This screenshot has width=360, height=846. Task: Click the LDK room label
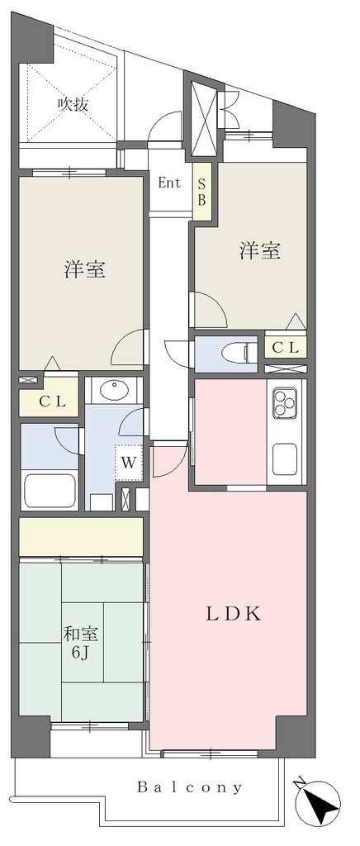pos(234,614)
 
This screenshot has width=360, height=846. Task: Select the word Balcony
pos(190,788)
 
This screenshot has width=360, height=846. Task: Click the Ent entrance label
pos(169,183)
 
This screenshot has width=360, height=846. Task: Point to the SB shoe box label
pos(201,192)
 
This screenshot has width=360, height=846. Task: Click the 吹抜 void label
pos(73,104)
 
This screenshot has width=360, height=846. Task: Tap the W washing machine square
pos(129,463)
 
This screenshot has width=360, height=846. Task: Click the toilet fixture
pos(239,354)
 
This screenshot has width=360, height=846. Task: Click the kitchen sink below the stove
pos(285,460)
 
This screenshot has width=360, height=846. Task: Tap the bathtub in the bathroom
pos(50,490)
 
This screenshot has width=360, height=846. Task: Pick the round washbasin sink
pos(113,390)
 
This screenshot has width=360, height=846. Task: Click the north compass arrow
pos(322,803)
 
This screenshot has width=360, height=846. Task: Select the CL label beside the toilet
pos(285,348)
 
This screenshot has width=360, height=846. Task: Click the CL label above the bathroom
pos(52,402)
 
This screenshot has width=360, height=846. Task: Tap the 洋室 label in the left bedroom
pos(84,269)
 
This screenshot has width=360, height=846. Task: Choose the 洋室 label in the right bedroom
pos(260,251)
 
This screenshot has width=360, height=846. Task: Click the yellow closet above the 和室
pos(82,537)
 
